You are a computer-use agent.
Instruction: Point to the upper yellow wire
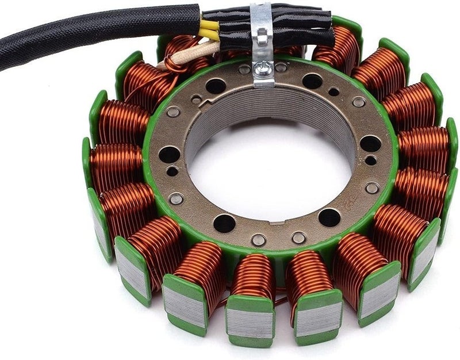click(x=209, y=25)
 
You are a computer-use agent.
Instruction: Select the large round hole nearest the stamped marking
click(x=329, y=217)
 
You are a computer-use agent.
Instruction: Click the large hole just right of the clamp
click(x=313, y=81)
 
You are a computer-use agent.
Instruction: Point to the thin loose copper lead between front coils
click(x=278, y=298)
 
